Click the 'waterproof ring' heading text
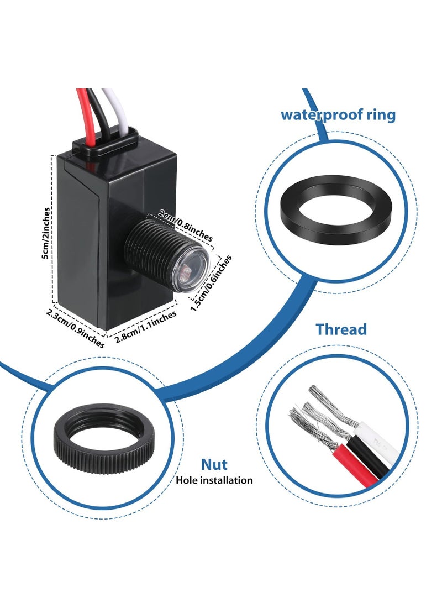(338, 115)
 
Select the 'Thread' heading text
(341, 330)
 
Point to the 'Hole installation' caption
(214, 480)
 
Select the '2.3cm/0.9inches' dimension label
(75, 329)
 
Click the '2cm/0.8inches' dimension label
(185, 225)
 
